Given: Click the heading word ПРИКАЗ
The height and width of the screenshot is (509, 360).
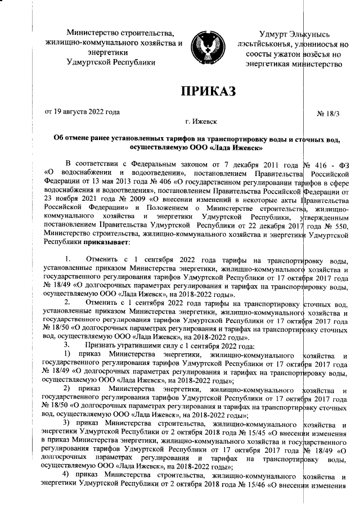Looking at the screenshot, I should pyautogui.click(x=205, y=90).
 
